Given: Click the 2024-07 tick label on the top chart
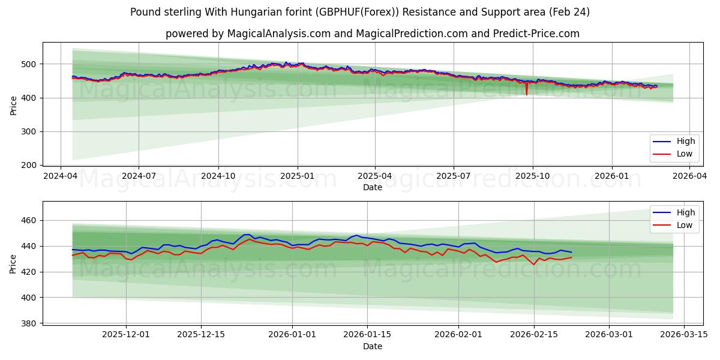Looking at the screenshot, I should click(139, 176).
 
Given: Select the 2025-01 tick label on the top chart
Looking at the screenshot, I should click(296, 176).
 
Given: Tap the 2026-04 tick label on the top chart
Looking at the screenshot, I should click(689, 176).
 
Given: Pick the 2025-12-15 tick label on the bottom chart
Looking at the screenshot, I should click(201, 334).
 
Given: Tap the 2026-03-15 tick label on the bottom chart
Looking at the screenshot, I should click(685, 334).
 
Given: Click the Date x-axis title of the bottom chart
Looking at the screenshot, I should click(372, 346).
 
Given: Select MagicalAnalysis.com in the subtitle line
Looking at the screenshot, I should click(279, 34).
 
